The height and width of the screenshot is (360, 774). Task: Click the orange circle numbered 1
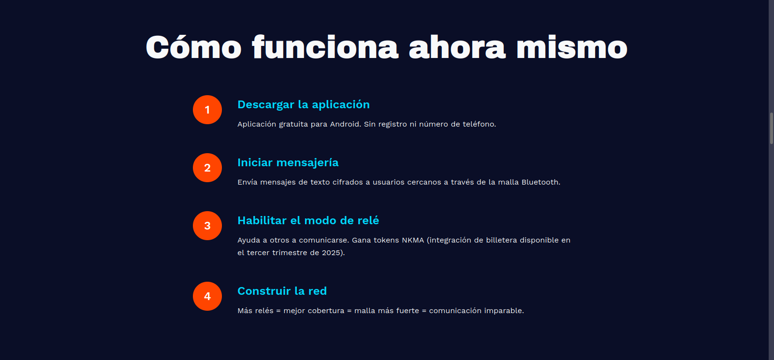tap(207, 110)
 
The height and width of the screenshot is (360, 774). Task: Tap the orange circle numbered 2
tap(207, 168)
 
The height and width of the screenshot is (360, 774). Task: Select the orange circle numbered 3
tap(207, 226)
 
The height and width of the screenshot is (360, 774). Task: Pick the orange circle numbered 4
tap(207, 296)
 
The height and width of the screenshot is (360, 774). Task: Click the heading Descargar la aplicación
tap(304, 105)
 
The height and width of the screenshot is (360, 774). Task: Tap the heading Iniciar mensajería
tap(288, 163)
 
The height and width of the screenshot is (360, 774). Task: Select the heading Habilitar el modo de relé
tap(308, 221)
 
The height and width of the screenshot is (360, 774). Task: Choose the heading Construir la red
tap(282, 291)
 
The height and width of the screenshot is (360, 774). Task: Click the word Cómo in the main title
tap(193, 47)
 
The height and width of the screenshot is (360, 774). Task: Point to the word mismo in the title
tap(571, 48)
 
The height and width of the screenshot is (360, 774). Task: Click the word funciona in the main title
tap(325, 47)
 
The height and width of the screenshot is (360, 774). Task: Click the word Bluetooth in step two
tap(541, 182)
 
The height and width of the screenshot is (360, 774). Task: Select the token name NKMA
tap(412, 240)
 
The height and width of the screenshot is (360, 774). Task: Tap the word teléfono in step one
tap(479, 124)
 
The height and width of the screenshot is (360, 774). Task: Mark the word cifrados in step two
tap(348, 182)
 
